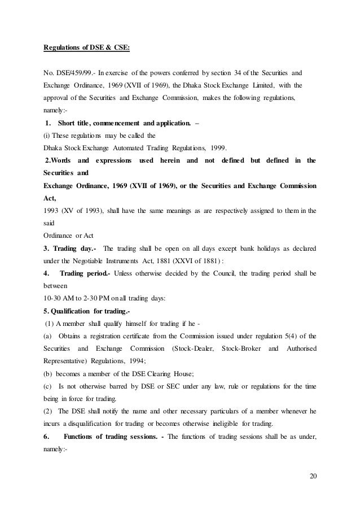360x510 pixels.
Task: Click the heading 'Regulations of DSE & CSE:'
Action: [x=87, y=47]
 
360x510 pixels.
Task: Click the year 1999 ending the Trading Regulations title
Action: [x=215, y=149]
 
